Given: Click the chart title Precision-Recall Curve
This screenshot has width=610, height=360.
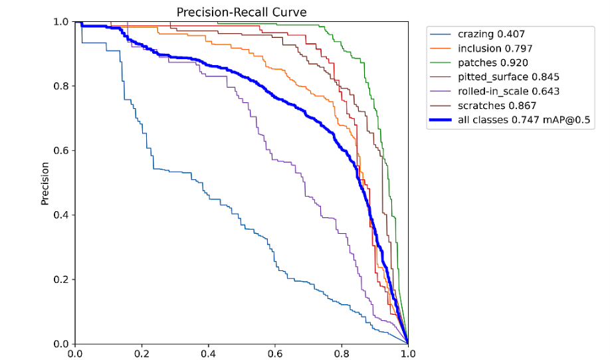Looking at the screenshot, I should (242, 13).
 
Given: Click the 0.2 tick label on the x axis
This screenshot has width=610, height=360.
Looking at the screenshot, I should (142, 353).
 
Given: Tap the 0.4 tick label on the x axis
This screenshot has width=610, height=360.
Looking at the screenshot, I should (209, 353).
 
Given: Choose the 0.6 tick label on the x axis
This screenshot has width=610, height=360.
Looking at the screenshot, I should (275, 353).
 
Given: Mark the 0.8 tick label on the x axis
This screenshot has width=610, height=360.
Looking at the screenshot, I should (342, 353).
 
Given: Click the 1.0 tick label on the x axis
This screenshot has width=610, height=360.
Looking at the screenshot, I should (407, 353).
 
